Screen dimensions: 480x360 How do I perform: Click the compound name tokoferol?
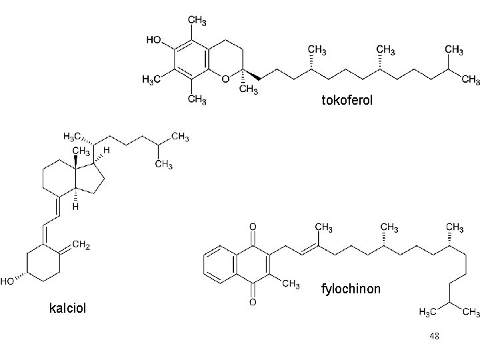click(347, 101)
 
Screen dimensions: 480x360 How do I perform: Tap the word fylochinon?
click(351, 289)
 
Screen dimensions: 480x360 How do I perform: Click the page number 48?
click(435, 337)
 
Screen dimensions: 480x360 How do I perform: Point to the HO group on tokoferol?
click(153, 40)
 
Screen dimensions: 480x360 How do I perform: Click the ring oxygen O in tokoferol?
click(225, 79)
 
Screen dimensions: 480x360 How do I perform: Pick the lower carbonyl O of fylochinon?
click(252, 302)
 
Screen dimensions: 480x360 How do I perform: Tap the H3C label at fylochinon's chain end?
click(427, 312)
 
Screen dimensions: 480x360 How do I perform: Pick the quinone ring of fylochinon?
click(253, 265)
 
